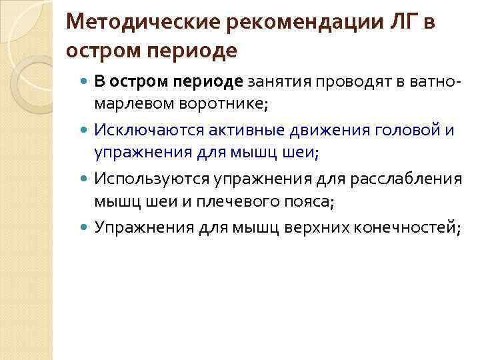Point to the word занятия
tap(280, 81)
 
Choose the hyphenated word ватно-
tap(429, 81)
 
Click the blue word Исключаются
tap(143, 129)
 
